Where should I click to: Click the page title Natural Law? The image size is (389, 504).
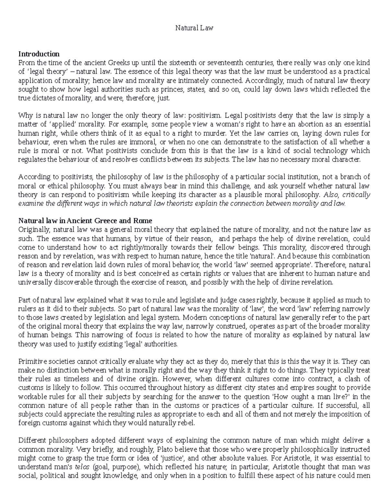tap(194, 28)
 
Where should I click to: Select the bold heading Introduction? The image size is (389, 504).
tap(39, 54)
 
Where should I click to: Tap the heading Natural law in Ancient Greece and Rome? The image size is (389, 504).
tap(85, 221)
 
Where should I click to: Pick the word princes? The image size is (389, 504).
tap(164, 89)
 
